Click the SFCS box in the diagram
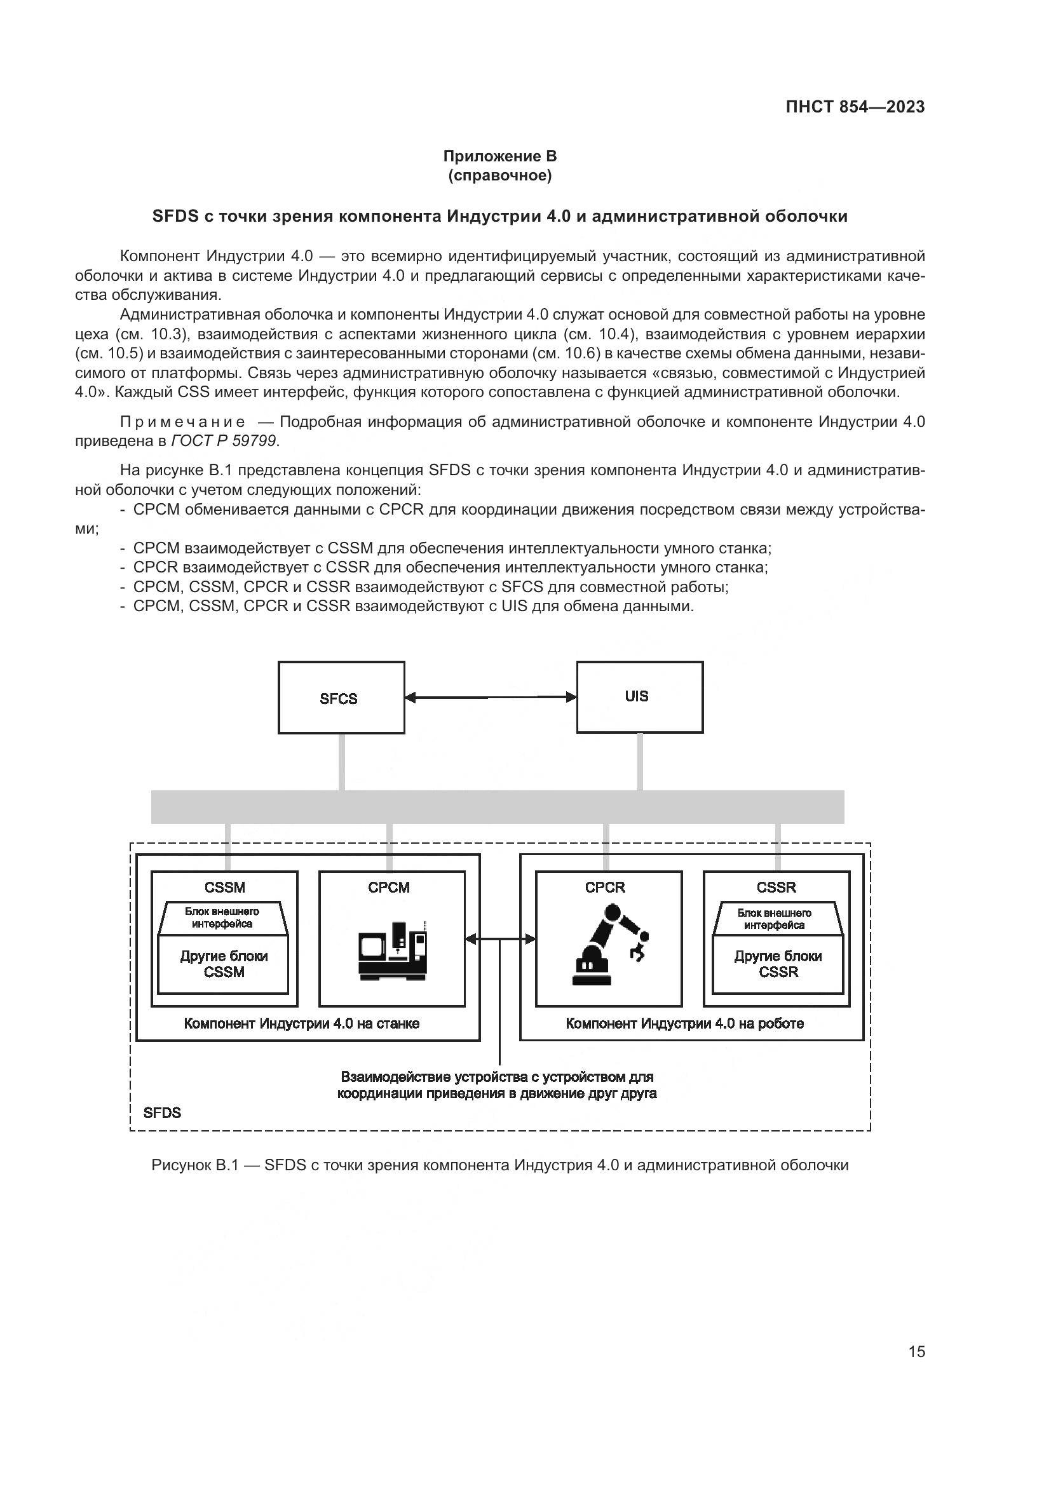click(x=341, y=697)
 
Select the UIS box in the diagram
click(x=639, y=696)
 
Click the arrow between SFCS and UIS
click(x=491, y=697)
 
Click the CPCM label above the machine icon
click(x=389, y=888)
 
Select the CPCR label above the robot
click(x=605, y=888)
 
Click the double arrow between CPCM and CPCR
click(x=500, y=939)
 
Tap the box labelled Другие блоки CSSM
click(x=224, y=964)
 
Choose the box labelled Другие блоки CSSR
click(x=778, y=964)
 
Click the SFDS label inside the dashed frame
click(x=163, y=1112)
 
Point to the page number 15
click(x=916, y=1351)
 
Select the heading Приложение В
click(x=499, y=156)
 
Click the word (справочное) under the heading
click(x=499, y=175)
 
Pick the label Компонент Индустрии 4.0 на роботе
click(x=685, y=1023)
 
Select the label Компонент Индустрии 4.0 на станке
click(x=302, y=1023)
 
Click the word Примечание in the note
click(x=183, y=422)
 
